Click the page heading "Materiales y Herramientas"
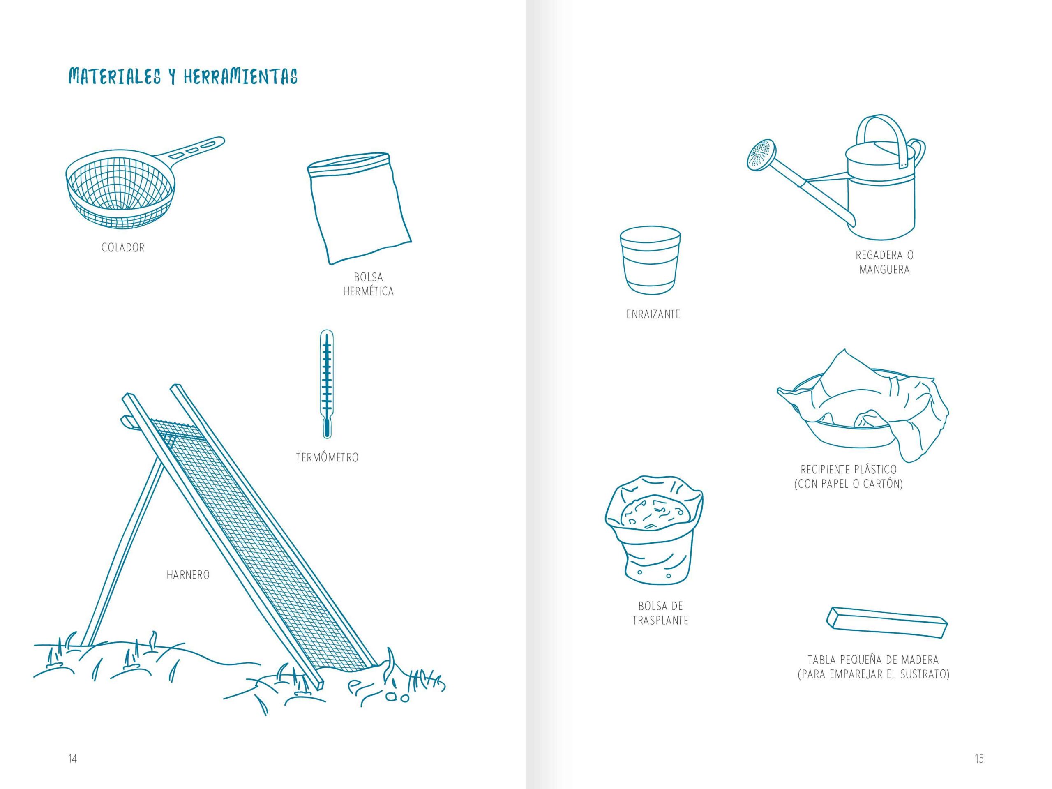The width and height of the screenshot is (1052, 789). click(x=183, y=76)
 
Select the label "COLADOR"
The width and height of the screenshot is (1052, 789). click(x=123, y=247)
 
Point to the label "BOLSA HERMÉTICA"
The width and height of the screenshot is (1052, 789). click(x=369, y=284)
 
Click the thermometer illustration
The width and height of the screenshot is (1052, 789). click(x=327, y=383)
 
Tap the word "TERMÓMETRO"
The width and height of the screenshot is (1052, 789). click(x=327, y=457)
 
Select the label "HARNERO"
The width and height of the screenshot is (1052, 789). click(x=188, y=574)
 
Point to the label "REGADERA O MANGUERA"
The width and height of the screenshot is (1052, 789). click(x=885, y=262)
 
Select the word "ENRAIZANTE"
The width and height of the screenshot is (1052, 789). click(x=653, y=314)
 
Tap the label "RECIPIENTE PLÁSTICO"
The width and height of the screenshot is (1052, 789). click(x=849, y=469)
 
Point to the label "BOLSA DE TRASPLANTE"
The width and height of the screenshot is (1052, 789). click(x=661, y=613)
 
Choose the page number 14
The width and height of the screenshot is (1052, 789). click(x=72, y=759)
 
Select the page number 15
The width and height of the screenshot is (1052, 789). click(x=979, y=759)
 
